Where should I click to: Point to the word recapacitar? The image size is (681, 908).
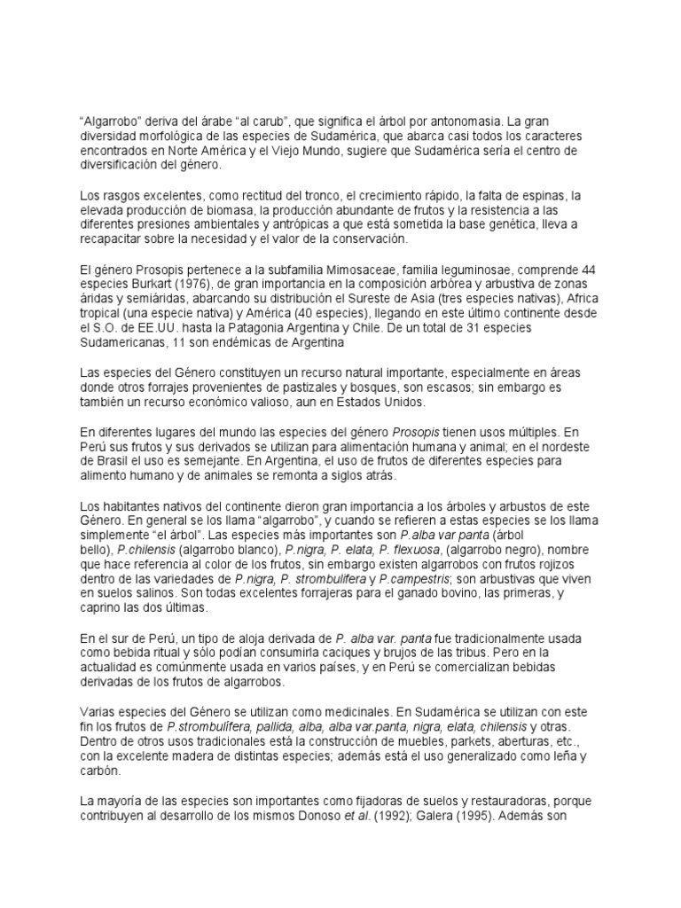coord(114,239)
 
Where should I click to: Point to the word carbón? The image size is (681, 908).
coord(101,771)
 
